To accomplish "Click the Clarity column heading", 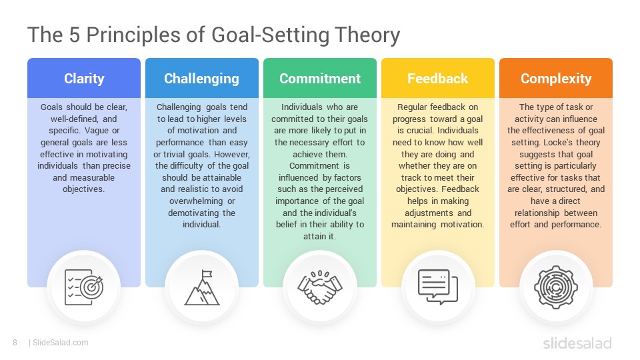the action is tap(84, 79).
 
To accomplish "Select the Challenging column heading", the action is tap(201, 79).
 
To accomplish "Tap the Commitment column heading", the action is tap(320, 79).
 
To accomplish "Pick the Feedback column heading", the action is tap(437, 79).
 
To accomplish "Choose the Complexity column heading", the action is tap(556, 79).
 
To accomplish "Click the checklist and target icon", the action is tap(84, 287).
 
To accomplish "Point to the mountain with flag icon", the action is tap(202, 287).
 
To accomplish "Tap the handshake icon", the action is tap(320, 287).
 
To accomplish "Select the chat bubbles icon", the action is tap(438, 287).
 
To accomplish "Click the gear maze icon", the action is tap(556, 287).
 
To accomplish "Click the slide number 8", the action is tap(15, 343).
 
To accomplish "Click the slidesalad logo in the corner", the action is tap(577, 343).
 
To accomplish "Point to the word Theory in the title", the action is tap(367, 35).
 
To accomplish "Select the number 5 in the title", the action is tap(74, 35).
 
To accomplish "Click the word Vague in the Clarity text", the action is tap(97, 131).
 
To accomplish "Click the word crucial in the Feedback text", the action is tap(421, 131).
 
